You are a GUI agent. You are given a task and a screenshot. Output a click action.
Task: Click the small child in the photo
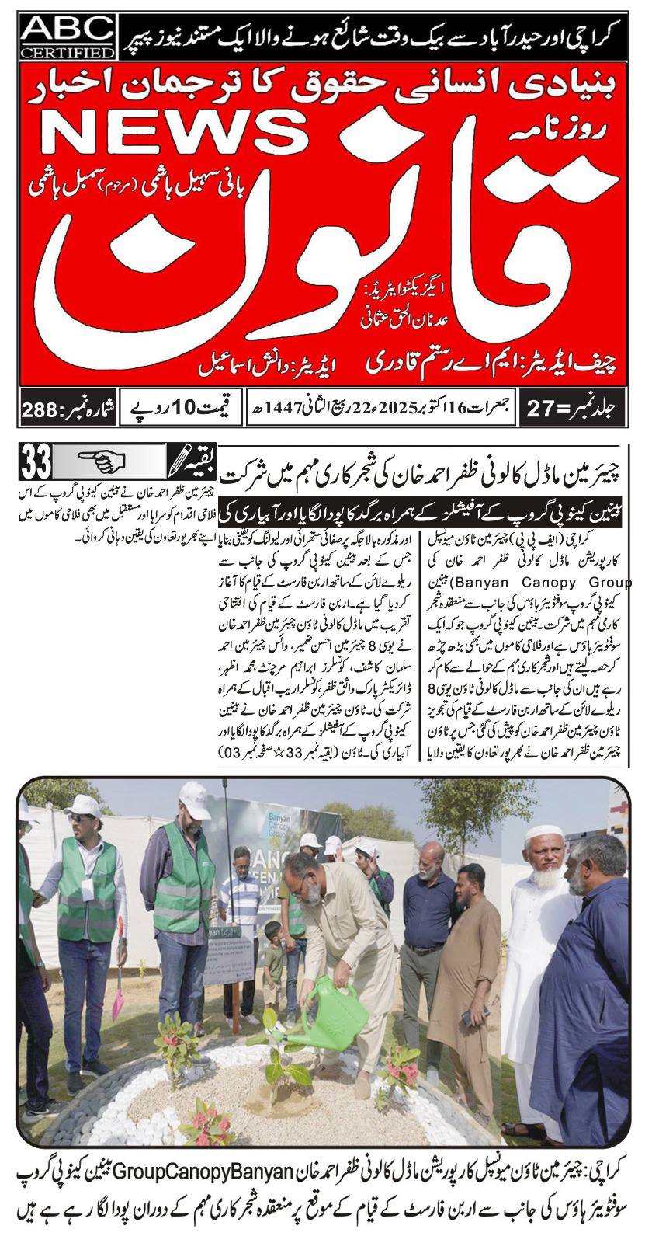point(273,960)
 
